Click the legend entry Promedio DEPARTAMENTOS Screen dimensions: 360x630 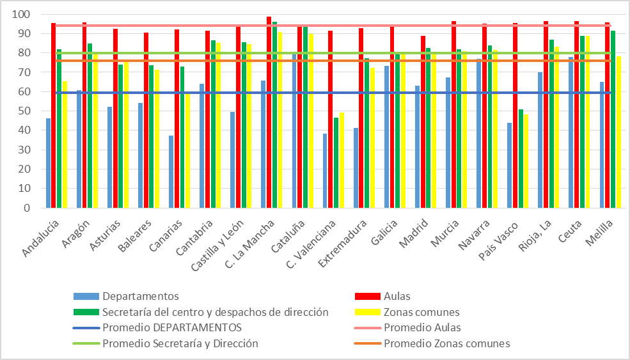[x=171, y=327]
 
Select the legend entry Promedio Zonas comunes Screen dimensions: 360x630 [x=446, y=343]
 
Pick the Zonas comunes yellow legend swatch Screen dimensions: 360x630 [x=367, y=312]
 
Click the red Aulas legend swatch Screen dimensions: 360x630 [x=367, y=296]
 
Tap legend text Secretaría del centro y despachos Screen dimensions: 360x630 [x=215, y=312]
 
